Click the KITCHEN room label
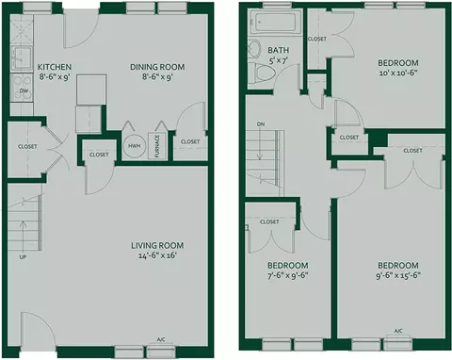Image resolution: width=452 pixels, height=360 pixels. click(55, 67)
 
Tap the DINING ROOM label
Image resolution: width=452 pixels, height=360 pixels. click(157, 67)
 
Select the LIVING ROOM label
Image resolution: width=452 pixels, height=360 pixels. click(157, 245)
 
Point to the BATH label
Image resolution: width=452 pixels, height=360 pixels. click(279, 50)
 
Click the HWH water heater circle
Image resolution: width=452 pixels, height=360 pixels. click(135, 146)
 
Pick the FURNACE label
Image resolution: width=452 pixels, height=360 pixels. click(157, 145)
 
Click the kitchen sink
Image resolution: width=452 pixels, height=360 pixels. click(22, 57)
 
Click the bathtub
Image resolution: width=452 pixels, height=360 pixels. click(275, 22)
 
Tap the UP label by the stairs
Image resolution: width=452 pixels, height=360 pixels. click(23, 257)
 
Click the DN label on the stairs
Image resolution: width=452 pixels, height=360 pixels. click(260, 124)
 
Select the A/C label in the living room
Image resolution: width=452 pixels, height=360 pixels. click(161, 339)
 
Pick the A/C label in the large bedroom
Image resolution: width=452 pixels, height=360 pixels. click(398, 331)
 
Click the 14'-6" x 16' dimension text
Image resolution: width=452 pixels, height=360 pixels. click(157, 255)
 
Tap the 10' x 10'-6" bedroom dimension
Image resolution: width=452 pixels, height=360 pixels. click(398, 74)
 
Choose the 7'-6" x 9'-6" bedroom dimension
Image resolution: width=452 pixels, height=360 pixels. click(287, 275)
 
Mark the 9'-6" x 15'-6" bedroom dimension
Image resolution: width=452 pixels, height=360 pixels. click(398, 275)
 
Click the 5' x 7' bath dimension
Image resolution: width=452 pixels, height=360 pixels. click(279, 60)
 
